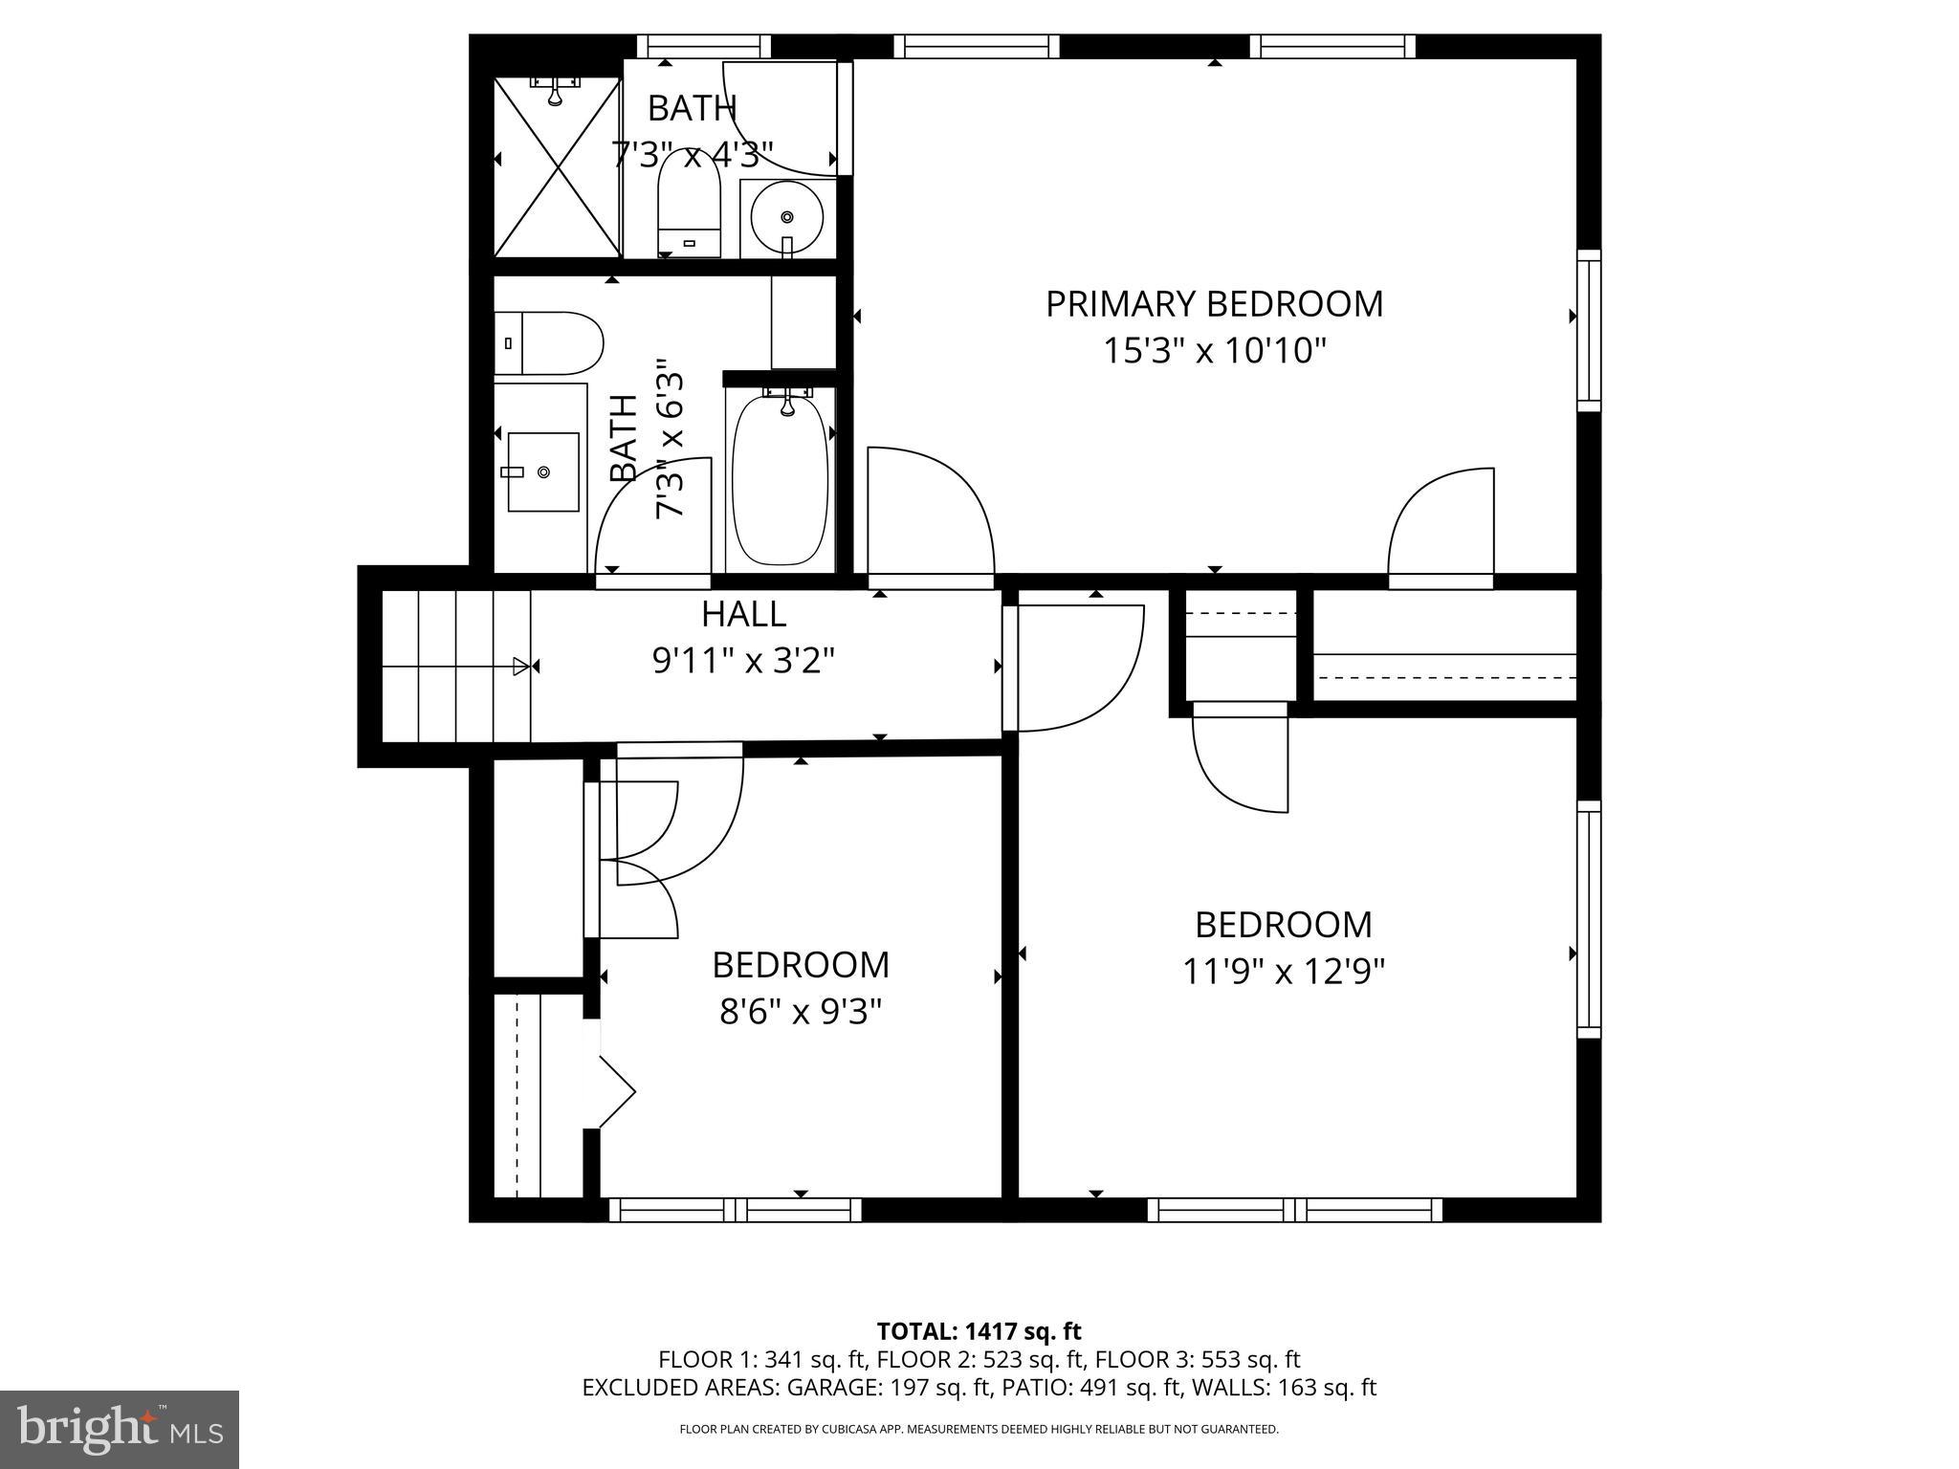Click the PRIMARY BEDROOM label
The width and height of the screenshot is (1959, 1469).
[x=1214, y=304]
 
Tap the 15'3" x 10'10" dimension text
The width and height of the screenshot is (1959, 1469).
[x=1214, y=351]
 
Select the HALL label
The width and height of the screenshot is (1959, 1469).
[x=743, y=614]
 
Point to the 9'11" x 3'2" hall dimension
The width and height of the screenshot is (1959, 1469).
[x=743, y=661]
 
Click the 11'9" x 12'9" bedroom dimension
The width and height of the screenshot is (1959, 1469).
[x=1284, y=973]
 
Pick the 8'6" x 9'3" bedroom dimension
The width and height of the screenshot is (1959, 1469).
[x=800, y=1012]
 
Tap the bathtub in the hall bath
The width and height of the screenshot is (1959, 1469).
[x=780, y=478]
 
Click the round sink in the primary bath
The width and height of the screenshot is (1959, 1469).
[x=786, y=217]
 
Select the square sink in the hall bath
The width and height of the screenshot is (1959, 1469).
[x=542, y=471]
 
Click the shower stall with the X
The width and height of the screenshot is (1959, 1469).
[x=556, y=167]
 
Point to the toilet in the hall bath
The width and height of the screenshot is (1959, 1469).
[x=547, y=342]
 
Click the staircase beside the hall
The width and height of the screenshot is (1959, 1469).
[x=455, y=666]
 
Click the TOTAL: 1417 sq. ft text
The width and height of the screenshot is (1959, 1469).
[x=979, y=1331]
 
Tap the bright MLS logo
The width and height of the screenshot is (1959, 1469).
[x=120, y=1430]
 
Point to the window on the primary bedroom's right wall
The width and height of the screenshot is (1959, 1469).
[x=1588, y=330]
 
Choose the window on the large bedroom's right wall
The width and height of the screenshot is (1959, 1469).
[x=1588, y=919]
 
